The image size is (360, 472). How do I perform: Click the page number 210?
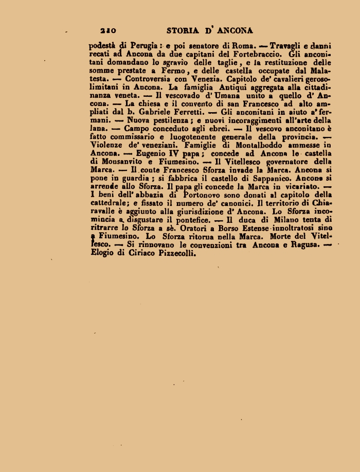coord(110,31)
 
